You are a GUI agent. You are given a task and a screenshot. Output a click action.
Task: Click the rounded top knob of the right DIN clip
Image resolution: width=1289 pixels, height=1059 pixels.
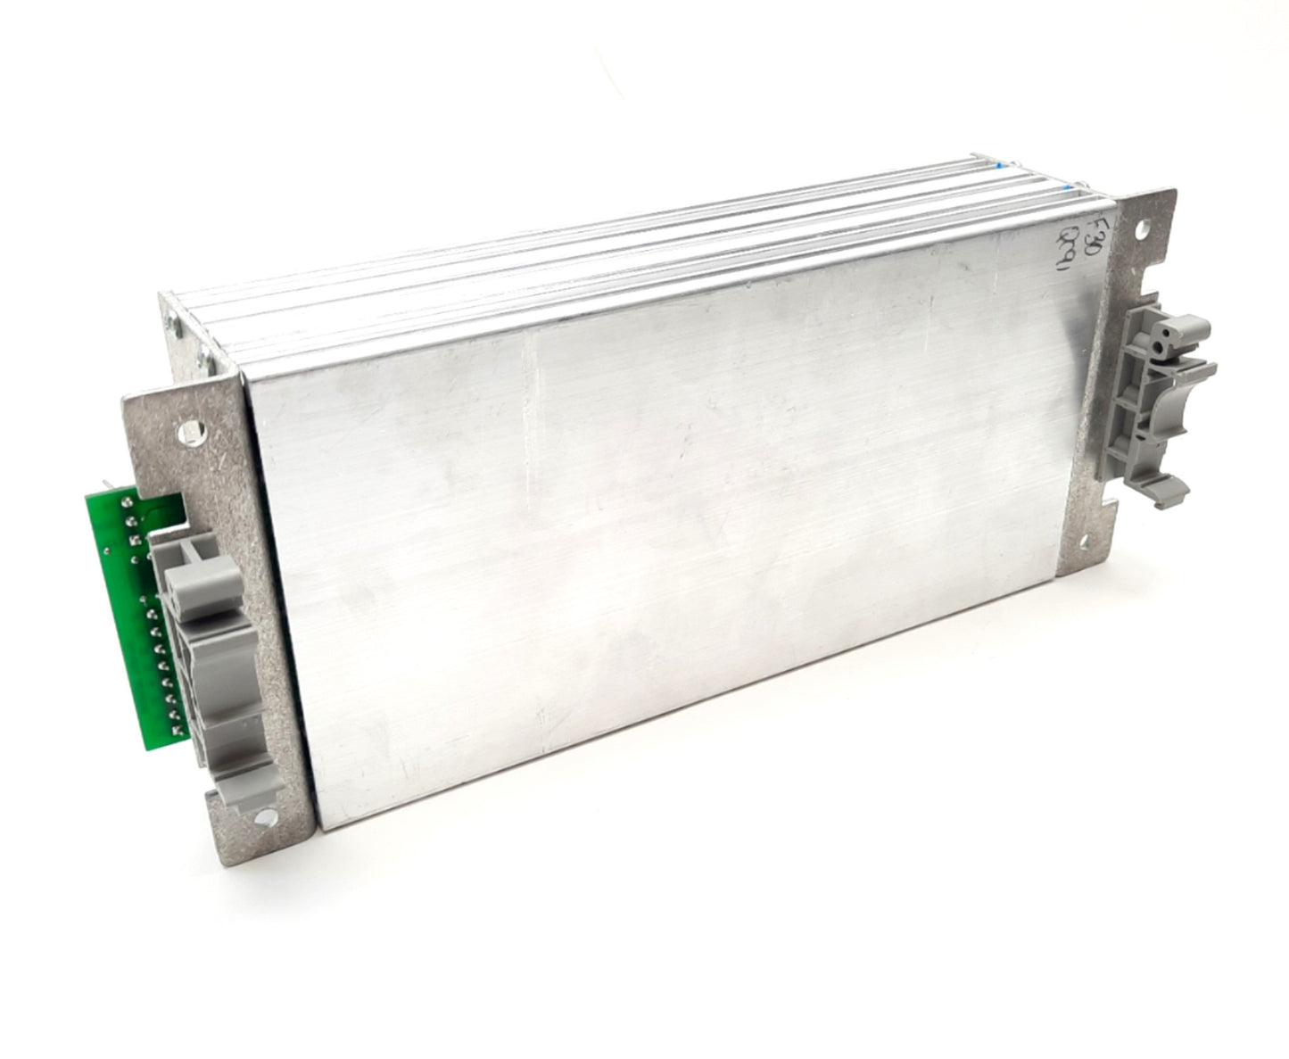click(x=1161, y=333)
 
